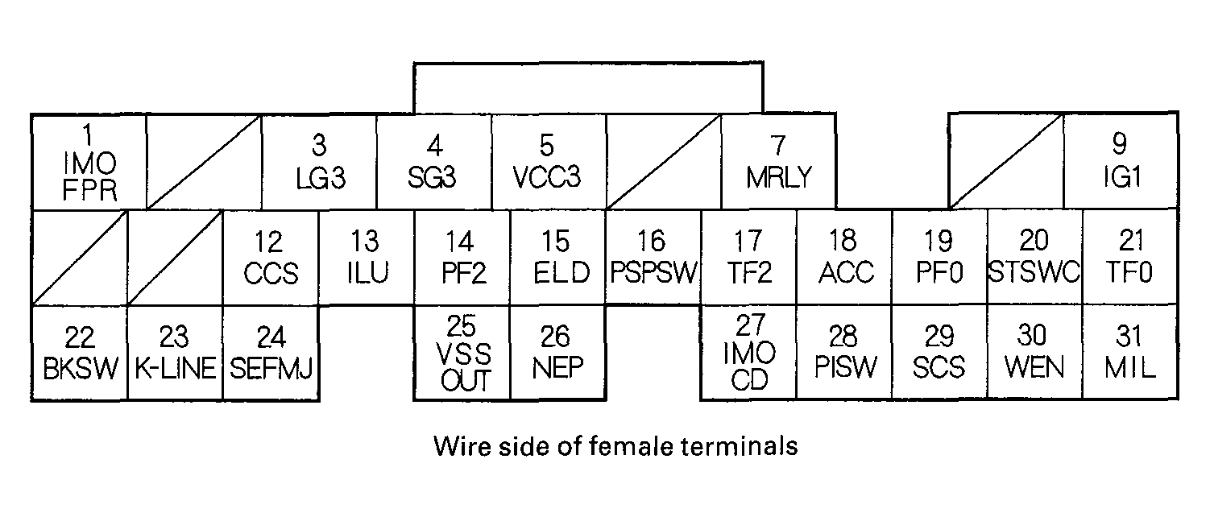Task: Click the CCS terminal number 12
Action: point(271,258)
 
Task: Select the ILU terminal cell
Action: point(367,258)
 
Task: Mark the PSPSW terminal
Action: point(653,258)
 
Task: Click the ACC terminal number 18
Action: point(844,258)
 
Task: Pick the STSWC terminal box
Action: point(1034,258)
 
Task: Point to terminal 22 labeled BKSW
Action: point(80,353)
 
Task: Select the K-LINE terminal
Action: point(175,353)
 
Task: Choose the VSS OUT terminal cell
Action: point(462,353)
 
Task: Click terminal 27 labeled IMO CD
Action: point(749,353)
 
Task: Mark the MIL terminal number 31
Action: point(1130,353)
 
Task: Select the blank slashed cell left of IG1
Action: point(1007,162)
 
